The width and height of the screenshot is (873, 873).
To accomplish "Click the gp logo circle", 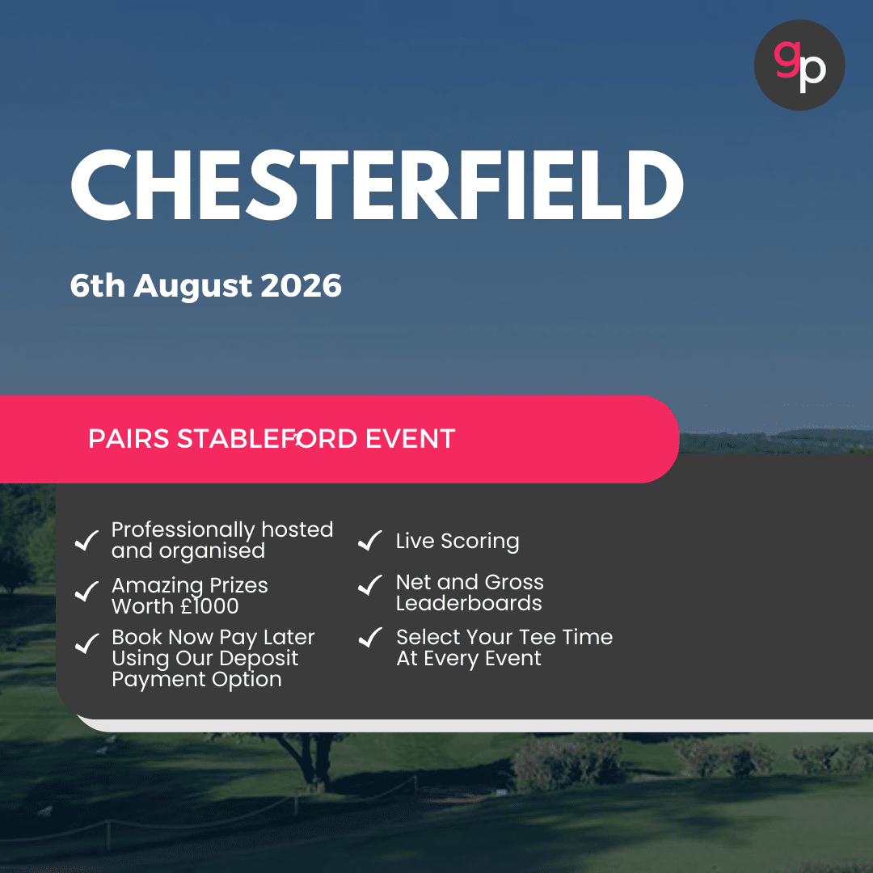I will click(799, 65).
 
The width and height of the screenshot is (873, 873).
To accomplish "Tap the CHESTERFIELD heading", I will click(377, 186).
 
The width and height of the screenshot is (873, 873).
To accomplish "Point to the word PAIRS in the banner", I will click(129, 439).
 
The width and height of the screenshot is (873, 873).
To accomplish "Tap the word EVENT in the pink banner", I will click(410, 439).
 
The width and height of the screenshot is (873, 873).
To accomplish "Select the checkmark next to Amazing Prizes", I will click(86, 593).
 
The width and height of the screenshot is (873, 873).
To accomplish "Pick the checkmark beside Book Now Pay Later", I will click(86, 644).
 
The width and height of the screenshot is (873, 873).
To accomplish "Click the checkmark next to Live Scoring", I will click(369, 541).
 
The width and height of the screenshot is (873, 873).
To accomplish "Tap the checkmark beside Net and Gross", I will click(369, 585).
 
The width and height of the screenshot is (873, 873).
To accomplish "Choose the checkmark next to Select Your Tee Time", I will click(369, 638).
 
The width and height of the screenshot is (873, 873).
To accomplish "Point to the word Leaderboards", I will click(469, 604).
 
